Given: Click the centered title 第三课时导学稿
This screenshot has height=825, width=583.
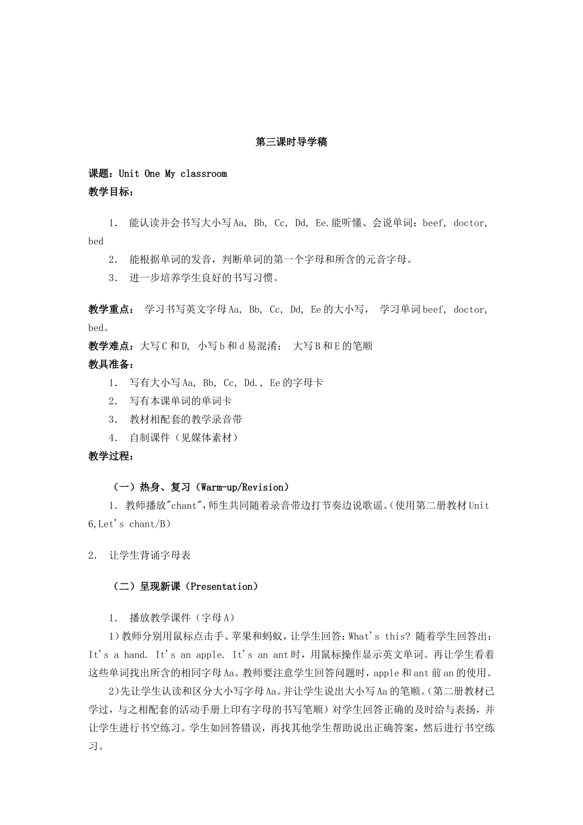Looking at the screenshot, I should coord(291,142).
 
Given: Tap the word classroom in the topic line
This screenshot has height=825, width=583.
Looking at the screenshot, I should coord(203,174).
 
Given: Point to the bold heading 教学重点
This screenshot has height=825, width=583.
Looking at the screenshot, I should coord(109,309).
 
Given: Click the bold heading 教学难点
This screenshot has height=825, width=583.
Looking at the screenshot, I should coord(109,346).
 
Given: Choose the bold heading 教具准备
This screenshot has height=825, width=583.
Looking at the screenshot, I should coord(109,365).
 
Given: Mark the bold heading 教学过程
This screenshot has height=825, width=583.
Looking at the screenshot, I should coord(109,456).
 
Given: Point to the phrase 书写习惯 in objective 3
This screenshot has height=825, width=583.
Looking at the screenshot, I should coord(253,278).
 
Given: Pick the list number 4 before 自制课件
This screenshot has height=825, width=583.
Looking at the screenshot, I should coord(112,438).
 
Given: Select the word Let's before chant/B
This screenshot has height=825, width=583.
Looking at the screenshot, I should coord(112,524).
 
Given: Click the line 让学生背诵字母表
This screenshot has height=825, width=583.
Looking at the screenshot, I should coord(150,555).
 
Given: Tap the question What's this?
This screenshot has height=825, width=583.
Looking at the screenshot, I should coord(380,636).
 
